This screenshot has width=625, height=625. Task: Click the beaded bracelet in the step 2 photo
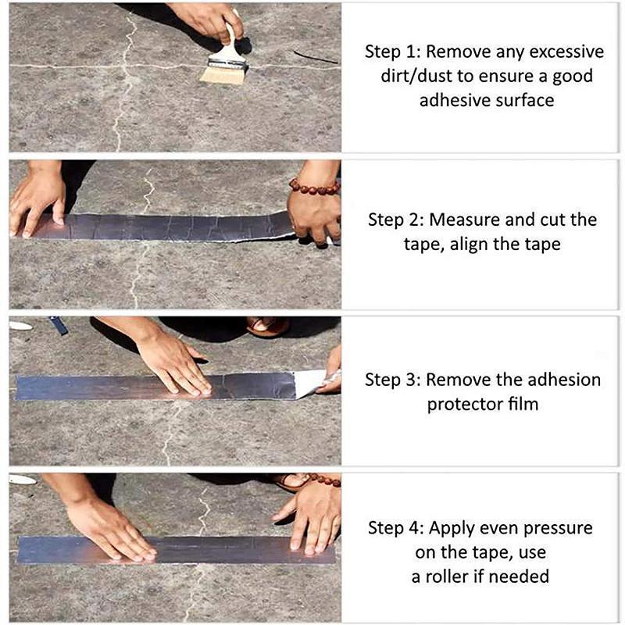click(314, 187)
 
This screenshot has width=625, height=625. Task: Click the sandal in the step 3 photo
click(266, 326)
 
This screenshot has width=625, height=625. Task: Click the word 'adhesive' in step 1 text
click(450, 101)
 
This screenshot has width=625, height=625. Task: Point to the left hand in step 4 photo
click(109, 527)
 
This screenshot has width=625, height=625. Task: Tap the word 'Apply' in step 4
click(452, 527)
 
